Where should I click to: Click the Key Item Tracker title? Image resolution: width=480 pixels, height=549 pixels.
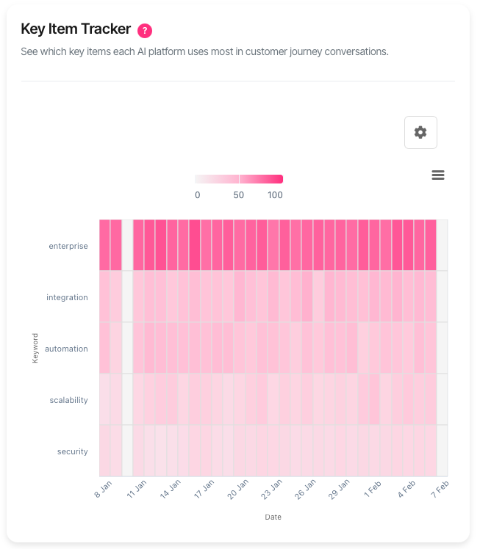pos(76,29)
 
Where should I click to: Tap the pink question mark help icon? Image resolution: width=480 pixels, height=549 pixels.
pos(145,30)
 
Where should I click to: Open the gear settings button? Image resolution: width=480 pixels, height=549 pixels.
pos(420,132)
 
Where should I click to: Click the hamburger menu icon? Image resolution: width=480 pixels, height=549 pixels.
pos(438,175)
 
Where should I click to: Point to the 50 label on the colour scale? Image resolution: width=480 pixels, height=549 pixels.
pos(239,195)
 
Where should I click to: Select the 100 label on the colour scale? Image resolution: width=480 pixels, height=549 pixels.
pos(275,195)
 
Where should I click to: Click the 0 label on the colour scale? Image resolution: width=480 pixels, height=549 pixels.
pos(197,195)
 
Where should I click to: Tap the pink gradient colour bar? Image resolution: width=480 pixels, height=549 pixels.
pos(239,179)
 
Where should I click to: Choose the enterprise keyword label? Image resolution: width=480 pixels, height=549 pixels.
pos(68,246)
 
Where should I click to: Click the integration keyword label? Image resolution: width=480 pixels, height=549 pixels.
pos(67,297)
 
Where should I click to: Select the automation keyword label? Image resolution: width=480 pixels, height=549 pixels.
pos(66,349)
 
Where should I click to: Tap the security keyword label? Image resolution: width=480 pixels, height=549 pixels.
pos(73,451)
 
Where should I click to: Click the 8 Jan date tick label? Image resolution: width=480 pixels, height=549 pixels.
pos(102,490)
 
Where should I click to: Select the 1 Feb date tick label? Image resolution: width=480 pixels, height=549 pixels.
pos(372,490)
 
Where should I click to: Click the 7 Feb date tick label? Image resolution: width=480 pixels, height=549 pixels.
pos(439,490)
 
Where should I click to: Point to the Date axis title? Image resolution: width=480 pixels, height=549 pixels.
pos(273,517)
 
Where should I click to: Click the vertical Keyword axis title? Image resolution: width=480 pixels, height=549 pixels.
pos(35,349)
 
